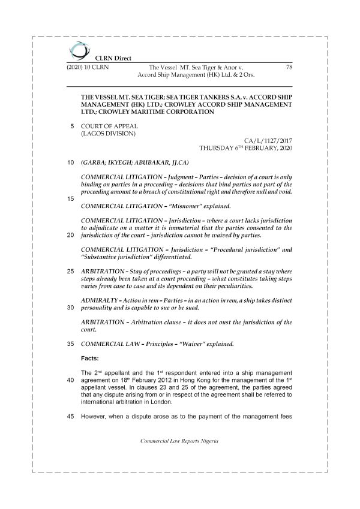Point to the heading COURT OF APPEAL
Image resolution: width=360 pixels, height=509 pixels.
point(109,127)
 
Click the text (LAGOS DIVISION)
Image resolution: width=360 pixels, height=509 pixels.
point(107,134)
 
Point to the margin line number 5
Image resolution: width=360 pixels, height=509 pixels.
point(73,127)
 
